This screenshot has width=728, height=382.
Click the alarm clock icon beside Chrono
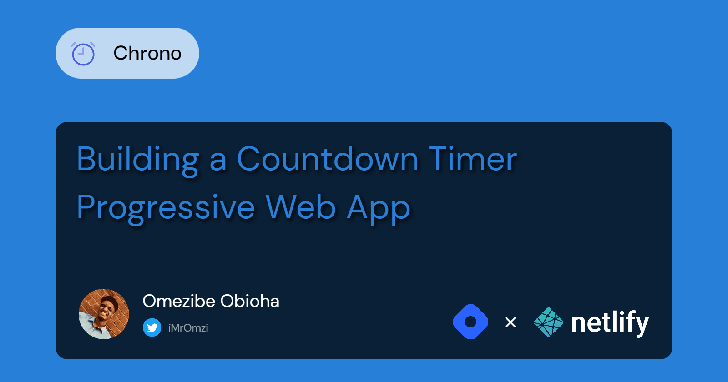pos(83,54)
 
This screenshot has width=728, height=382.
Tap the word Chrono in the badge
pos(147,53)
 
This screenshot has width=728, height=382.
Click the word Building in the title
pos(138,159)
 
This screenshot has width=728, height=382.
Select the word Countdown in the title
pos(327,159)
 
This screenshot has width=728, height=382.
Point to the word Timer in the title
pos(473,159)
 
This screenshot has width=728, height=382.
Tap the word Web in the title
pos(301,207)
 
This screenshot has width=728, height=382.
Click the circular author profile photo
pos(104,314)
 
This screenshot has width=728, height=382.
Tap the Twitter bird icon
pos(152,327)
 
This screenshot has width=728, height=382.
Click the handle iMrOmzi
pos(188,328)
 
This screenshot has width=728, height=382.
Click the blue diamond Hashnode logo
pos(470,322)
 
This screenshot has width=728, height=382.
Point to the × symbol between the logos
pos(511,322)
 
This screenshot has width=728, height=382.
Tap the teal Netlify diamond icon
pos(548,322)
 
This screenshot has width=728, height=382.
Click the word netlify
pos(610,323)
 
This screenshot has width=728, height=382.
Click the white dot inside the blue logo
pos(470,322)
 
